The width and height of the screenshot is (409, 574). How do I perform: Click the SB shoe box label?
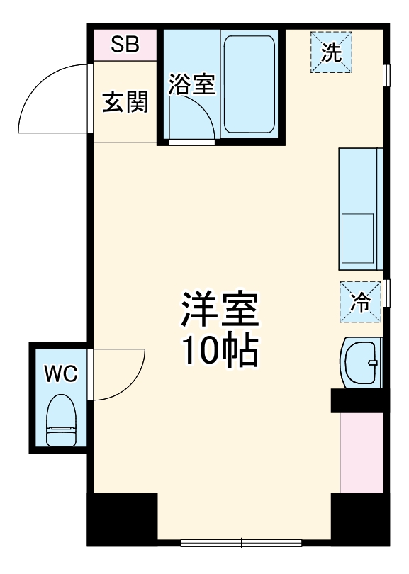pos(125,45)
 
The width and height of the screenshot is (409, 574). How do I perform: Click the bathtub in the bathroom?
pos(249,84)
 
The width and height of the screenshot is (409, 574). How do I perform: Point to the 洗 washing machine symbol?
pos(330,51)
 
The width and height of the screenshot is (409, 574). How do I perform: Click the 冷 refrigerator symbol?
pos(360,302)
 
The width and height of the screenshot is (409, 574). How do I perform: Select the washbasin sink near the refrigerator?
pos(362,362)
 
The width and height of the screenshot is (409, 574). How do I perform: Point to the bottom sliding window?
pos(241,544)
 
